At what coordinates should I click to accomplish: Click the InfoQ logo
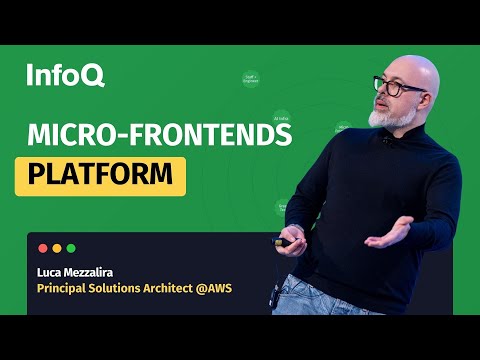click(x=65, y=74)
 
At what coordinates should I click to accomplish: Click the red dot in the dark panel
click(x=42, y=248)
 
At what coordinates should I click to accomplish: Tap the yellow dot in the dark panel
click(x=56, y=248)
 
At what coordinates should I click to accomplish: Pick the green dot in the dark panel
click(x=71, y=248)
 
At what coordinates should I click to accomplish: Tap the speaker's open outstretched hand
click(x=385, y=235)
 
